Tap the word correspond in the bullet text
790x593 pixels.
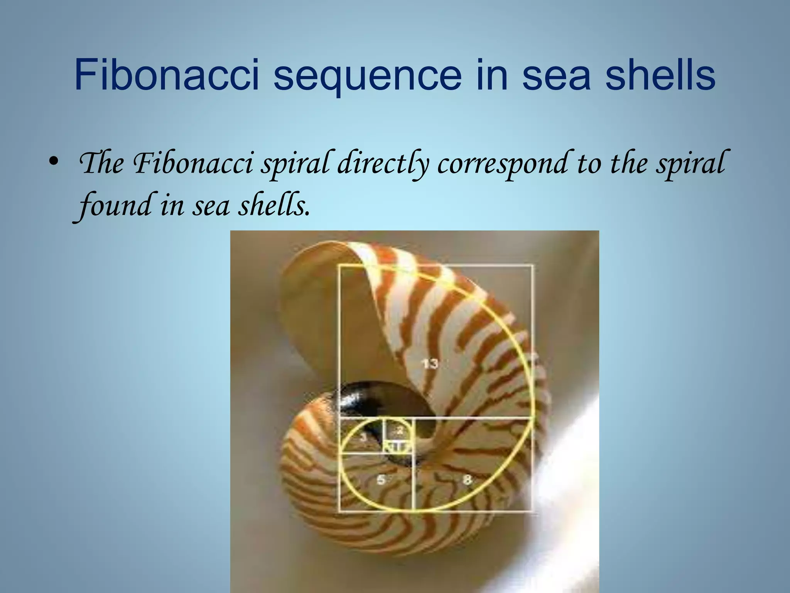[503, 164]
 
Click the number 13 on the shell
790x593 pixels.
[429, 363]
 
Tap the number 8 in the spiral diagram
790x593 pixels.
[467, 480]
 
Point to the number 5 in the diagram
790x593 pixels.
[381, 480]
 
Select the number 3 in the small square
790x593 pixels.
[363, 437]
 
